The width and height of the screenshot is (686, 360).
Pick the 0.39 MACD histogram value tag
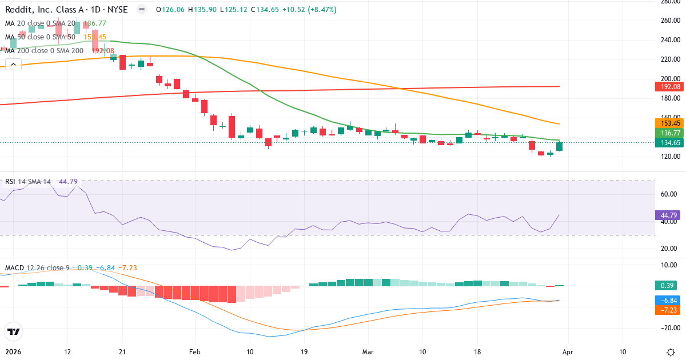[x=667, y=285]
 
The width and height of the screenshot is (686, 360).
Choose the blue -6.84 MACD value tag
[x=667, y=300]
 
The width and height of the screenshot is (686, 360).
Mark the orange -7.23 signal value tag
[x=667, y=309]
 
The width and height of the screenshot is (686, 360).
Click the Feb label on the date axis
[x=195, y=351]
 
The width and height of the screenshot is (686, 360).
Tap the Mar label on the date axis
[x=368, y=351]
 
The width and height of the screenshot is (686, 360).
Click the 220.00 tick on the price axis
[x=669, y=59]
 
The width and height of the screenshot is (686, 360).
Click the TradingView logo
[x=13, y=331]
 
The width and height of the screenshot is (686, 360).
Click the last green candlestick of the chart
[x=559, y=147]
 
